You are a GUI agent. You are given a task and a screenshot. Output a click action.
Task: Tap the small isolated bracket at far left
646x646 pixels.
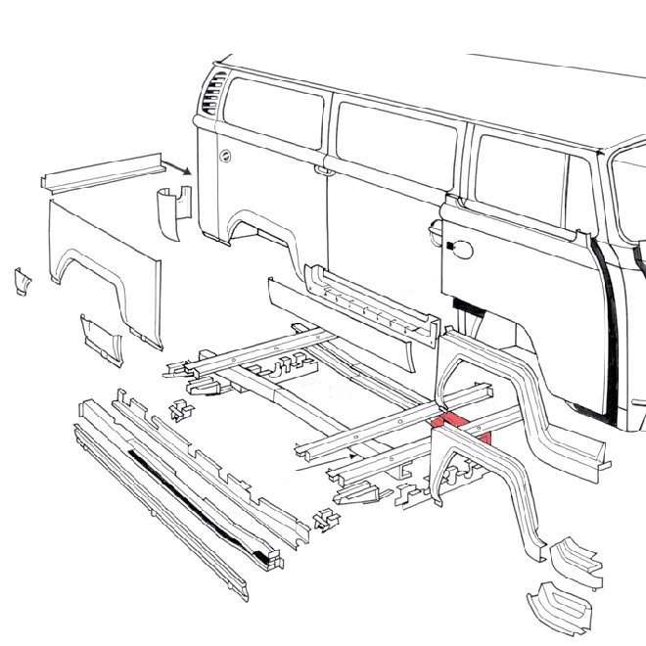point(21,282)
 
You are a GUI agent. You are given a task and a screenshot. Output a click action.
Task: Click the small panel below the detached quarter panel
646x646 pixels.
point(101,336)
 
